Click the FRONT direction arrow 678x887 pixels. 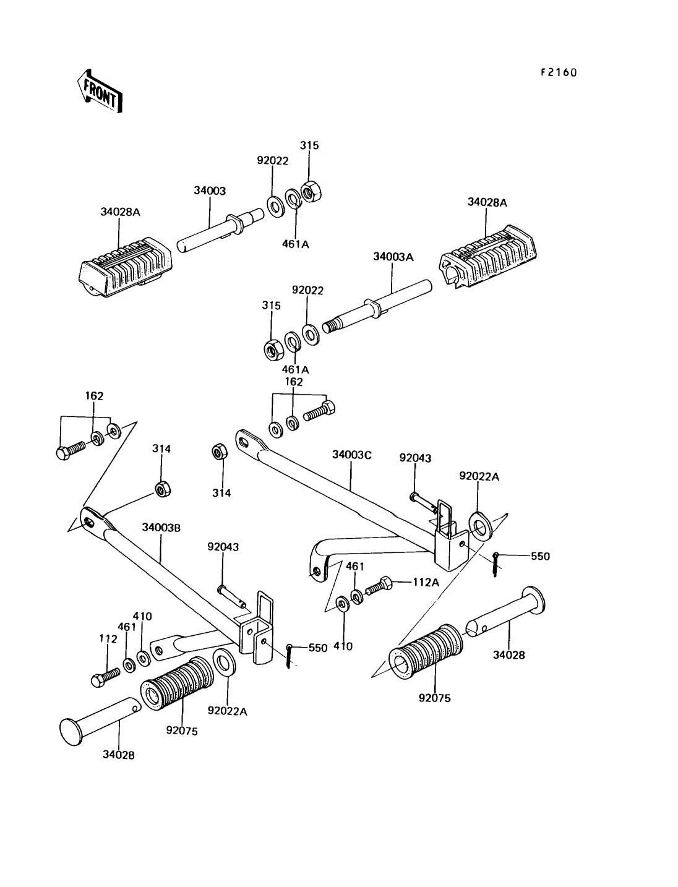pos(100,92)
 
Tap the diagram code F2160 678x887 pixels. pos(559,72)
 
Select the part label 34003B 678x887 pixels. pos(161,528)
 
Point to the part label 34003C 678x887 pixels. pos(351,455)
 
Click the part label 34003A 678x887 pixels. pos(393,257)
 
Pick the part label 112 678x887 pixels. pos(108,639)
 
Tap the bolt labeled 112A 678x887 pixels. pos(379,586)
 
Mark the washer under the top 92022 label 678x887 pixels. pos(275,207)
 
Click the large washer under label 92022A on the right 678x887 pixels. pos(481,526)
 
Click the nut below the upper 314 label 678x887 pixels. pos(163,490)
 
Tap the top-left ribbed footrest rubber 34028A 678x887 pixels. pos(126,267)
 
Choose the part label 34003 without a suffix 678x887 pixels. pos(210,191)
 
